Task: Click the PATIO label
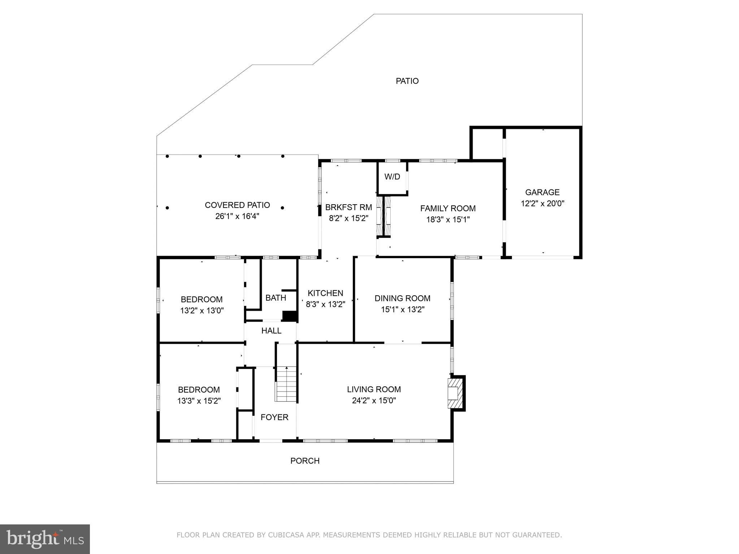[407, 81]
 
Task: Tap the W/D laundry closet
[392, 177]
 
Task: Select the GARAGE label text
[542, 192]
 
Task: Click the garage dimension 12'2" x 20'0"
[542, 204]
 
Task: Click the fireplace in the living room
[455, 393]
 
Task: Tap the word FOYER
[274, 418]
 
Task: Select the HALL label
[271, 331]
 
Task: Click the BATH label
[275, 298]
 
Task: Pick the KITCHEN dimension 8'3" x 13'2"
[325, 305]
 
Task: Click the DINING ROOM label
[402, 298]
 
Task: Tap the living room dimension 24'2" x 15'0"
[374, 401]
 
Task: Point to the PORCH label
[305, 461]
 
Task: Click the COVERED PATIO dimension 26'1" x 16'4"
[237, 217]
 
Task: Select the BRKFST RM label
[348, 208]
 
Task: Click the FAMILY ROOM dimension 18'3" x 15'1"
[448, 220]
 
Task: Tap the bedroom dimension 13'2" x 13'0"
[202, 311]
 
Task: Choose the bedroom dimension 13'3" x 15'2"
[199, 401]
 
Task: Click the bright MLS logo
[45, 539]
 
